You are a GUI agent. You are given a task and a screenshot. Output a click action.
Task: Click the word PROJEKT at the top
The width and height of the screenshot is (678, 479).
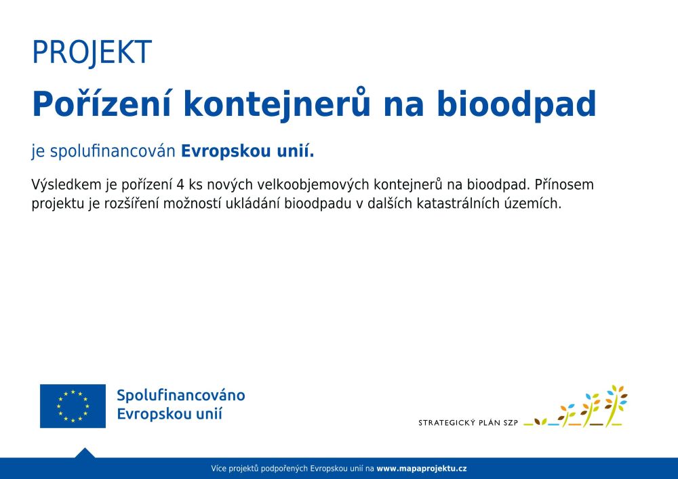point(92,52)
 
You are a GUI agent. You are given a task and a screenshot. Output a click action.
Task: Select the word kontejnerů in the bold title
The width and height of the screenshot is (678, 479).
point(277,105)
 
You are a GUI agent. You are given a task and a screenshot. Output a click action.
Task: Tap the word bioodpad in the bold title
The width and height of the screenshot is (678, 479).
point(516,105)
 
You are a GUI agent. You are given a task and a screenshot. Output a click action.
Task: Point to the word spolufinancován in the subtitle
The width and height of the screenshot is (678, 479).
point(113,152)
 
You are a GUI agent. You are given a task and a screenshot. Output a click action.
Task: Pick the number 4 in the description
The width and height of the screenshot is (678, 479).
point(180,185)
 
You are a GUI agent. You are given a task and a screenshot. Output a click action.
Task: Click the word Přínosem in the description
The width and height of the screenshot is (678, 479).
point(564,184)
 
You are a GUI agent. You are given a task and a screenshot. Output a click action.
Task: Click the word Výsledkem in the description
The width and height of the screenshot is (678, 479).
point(66,184)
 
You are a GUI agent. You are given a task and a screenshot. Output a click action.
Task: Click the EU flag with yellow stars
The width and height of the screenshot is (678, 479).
point(73,406)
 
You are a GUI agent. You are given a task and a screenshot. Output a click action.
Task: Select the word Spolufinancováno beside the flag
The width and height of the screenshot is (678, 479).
point(181,395)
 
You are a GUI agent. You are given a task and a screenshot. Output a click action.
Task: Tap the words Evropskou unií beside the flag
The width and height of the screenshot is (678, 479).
point(169,414)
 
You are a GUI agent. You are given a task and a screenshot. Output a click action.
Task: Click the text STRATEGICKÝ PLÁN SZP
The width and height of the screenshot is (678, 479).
point(468,423)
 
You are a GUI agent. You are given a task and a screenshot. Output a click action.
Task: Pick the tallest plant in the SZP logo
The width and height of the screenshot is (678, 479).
point(616,405)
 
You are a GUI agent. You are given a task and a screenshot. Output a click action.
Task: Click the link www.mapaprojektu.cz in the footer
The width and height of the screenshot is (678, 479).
point(422,468)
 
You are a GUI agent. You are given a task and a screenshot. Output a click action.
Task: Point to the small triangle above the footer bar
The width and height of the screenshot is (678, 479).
point(85,453)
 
